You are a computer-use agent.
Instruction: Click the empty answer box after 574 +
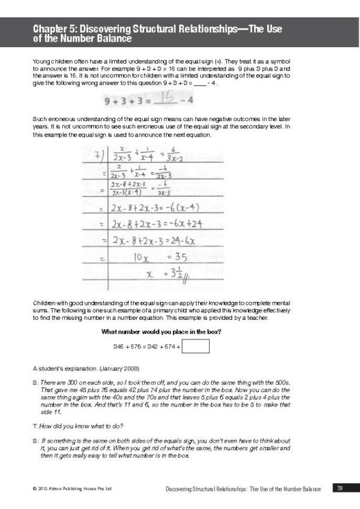click(x=196, y=346)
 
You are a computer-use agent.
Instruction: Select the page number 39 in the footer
click(x=339, y=489)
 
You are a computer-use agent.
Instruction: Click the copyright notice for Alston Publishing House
click(x=65, y=490)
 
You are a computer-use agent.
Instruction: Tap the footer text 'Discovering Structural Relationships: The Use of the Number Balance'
click(x=243, y=490)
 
